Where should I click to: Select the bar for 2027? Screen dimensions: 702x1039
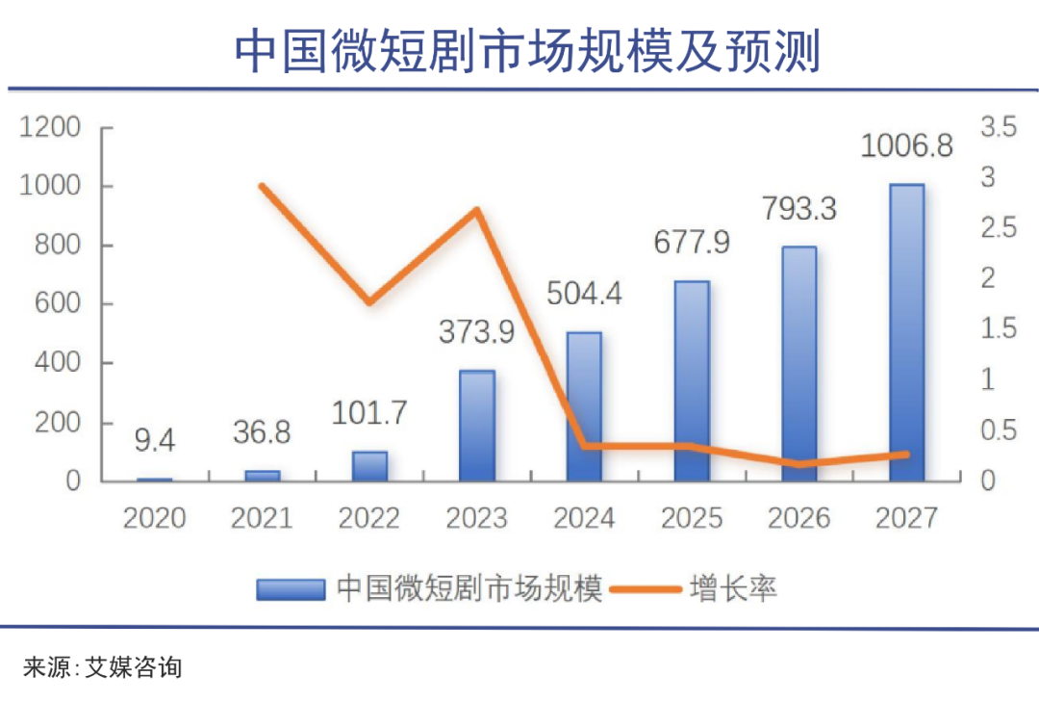(x=906, y=332)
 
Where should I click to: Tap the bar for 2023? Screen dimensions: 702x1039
(x=476, y=426)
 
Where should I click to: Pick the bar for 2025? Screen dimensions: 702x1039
(x=692, y=381)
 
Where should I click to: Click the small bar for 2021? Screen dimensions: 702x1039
(x=262, y=475)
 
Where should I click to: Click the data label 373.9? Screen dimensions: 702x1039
(x=476, y=332)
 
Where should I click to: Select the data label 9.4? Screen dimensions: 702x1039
(x=154, y=442)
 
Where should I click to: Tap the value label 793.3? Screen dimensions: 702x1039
(x=798, y=208)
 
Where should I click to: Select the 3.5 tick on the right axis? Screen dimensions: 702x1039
(x=998, y=127)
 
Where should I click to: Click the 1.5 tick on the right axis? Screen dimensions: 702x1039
(x=998, y=329)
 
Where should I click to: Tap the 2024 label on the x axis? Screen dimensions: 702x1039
(x=584, y=518)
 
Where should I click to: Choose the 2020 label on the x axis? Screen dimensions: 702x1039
(x=154, y=518)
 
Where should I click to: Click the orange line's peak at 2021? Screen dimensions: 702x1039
(x=263, y=186)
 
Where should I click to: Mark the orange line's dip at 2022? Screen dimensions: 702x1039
(x=369, y=302)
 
